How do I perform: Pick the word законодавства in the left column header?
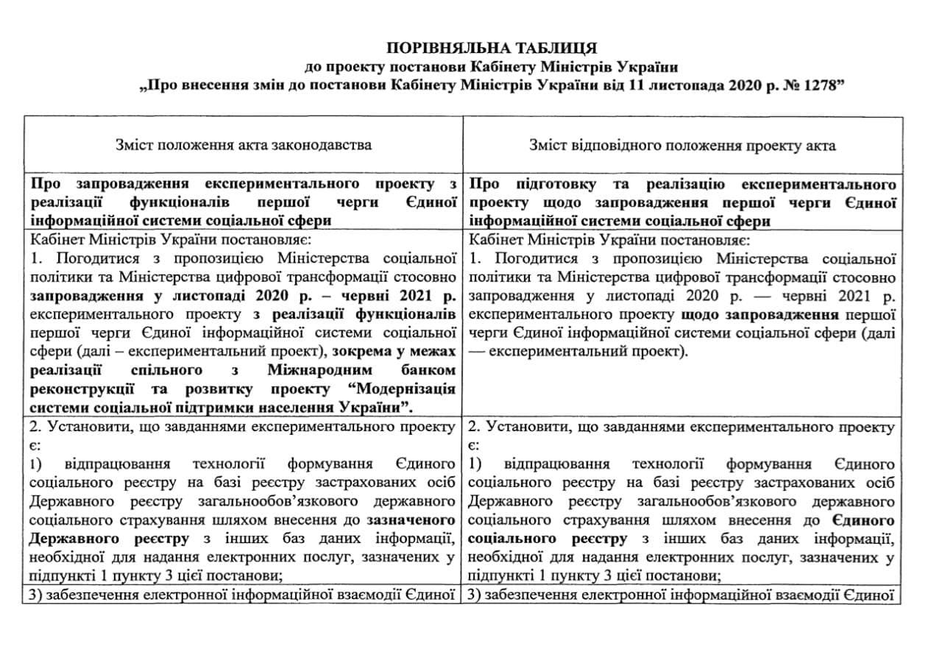tap(326, 145)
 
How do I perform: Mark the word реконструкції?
tap(79, 388)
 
